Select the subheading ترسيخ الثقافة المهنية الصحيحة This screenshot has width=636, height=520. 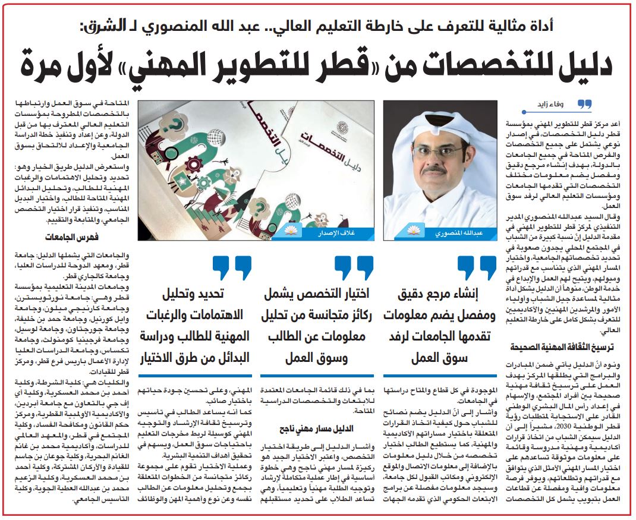click(x=554, y=346)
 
